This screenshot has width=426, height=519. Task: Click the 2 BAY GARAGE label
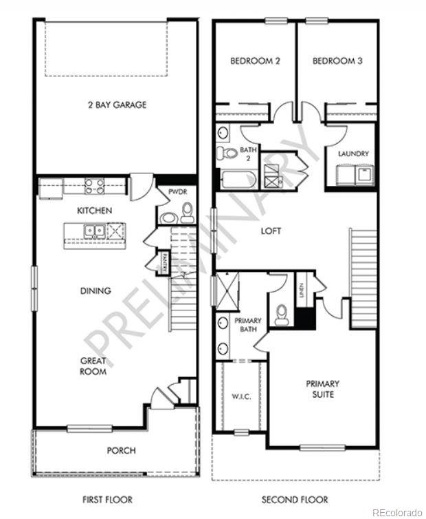coord(117,105)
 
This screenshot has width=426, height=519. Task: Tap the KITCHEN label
coord(95,210)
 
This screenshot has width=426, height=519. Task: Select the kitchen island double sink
coord(96,231)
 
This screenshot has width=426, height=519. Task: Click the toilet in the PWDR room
coord(168,218)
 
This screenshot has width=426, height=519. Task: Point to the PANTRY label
coord(165,262)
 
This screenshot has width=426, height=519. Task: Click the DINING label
coord(95,290)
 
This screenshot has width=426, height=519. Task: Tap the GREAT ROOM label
coord(93,366)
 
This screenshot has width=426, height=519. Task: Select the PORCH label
coord(121,451)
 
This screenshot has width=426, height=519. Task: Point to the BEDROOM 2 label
coord(254,61)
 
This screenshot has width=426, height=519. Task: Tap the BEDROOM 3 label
coord(337,61)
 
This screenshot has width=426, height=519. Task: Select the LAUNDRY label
coord(353,154)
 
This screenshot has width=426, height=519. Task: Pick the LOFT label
coord(271,231)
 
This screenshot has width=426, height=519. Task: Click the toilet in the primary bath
coord(281,315)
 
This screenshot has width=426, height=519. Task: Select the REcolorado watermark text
coord(397,512)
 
